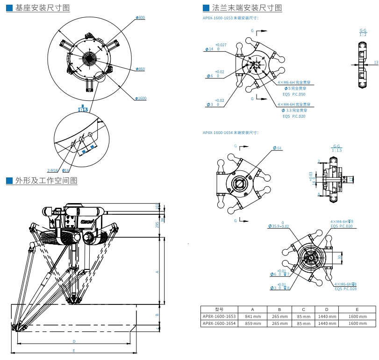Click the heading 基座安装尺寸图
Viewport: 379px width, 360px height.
[42, 8]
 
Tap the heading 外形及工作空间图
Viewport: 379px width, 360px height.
[46, 180]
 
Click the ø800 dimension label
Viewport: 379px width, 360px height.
[140, 17]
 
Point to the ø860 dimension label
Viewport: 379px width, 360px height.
[140, 69]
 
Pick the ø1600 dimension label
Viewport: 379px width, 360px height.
[141, 98]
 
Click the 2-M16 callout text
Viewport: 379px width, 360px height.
[52, 171]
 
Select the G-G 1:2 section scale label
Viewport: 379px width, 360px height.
[363, 32]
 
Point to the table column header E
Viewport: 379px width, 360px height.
[357, 309]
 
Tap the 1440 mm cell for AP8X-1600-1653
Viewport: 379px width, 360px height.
[327, 316]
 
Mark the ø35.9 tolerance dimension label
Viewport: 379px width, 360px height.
[279, 226]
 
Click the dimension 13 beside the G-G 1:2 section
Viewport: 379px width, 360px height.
[376, 62]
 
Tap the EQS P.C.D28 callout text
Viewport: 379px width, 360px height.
[345, 289]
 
